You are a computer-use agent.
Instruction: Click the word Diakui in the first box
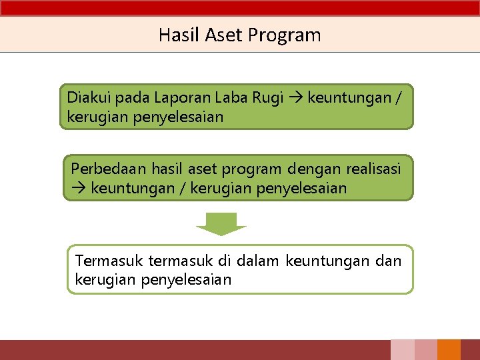click(x=89, y=97)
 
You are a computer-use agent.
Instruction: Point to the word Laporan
click(x=181, y=98)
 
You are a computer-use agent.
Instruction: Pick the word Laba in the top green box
click(x=231, y=97)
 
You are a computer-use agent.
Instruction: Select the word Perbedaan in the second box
click(x=109, y=169)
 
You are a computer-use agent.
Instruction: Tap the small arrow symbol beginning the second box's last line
click(x=78, y=188)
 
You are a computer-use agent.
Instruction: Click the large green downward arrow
click(x=221, y=223)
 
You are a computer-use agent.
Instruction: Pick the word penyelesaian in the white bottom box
click(x=186, y=279)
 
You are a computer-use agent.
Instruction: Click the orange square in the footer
click(x=449, y=350)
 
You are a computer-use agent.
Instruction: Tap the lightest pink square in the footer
click(x=402, y=350)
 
